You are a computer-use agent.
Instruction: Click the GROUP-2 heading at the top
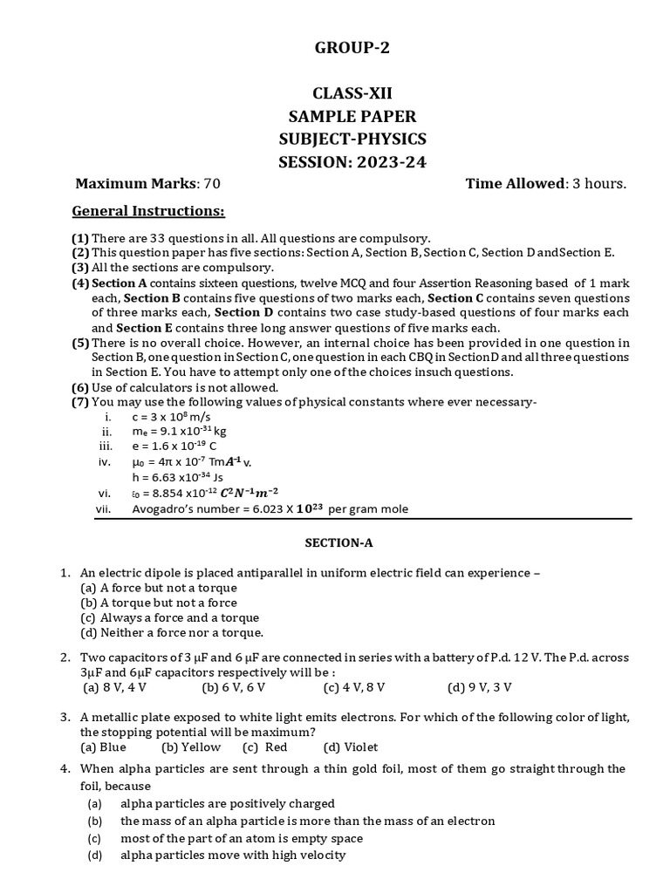click(352, 48)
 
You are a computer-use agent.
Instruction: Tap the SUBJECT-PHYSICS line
click(352, 139)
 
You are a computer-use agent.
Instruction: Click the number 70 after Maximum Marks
click(211, 183)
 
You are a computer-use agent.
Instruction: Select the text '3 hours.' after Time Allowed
click(599, 183)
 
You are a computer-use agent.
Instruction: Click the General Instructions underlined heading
click(148, 211)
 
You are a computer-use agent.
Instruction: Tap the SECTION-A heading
click(338, 542)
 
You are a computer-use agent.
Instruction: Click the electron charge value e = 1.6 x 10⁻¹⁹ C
click(174, 446)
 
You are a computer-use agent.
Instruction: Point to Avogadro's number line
click(269, 508)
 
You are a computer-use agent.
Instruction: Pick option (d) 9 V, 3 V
click(480, 687)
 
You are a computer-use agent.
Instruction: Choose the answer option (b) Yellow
click(191, 746)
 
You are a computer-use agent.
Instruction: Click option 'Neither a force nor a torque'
click(172, 632)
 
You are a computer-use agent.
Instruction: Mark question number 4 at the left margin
click(65, 768)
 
